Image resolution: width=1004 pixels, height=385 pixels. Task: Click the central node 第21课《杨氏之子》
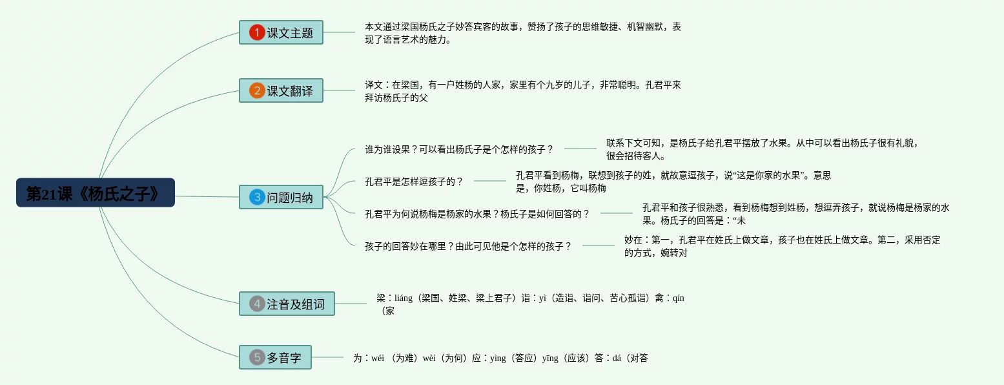[x=96, y=193]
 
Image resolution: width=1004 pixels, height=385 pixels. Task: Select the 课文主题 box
[x=281, y=32]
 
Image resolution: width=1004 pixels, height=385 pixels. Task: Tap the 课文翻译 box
[x=281, y=91]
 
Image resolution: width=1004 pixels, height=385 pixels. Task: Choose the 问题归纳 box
[x=281, y=197]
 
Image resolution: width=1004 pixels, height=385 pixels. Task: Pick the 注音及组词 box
[x=287, y=304]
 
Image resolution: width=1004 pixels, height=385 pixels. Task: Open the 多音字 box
[x=275, y=357]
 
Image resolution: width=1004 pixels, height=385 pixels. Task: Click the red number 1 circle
[x=257, y=32]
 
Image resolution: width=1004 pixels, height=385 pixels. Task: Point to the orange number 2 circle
[x=257, y=91]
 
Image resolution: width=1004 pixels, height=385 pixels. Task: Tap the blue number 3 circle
[x=257, y=197]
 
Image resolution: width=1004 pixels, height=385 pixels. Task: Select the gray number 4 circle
[x=257, y=304]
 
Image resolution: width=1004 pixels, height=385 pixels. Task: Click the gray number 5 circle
[x=257, y=357]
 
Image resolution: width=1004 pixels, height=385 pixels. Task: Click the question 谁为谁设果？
[x=459, y=149]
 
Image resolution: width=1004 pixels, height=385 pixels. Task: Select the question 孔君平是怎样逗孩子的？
[x=414, y=182]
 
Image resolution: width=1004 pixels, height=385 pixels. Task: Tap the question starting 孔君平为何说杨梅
[x=477, y=214]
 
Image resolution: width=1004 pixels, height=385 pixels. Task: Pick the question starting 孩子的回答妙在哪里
[x=468, y=246]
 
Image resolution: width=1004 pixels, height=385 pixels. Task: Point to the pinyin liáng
[x=404, y=298]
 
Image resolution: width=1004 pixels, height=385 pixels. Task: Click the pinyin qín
[x=678, y=298]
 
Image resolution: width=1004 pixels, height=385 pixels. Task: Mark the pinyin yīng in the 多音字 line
[x=550, y=358]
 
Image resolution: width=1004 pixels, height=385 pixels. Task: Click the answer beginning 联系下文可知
[x=762, y=149]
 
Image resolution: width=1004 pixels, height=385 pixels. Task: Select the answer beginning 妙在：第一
[x=782, y=246]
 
